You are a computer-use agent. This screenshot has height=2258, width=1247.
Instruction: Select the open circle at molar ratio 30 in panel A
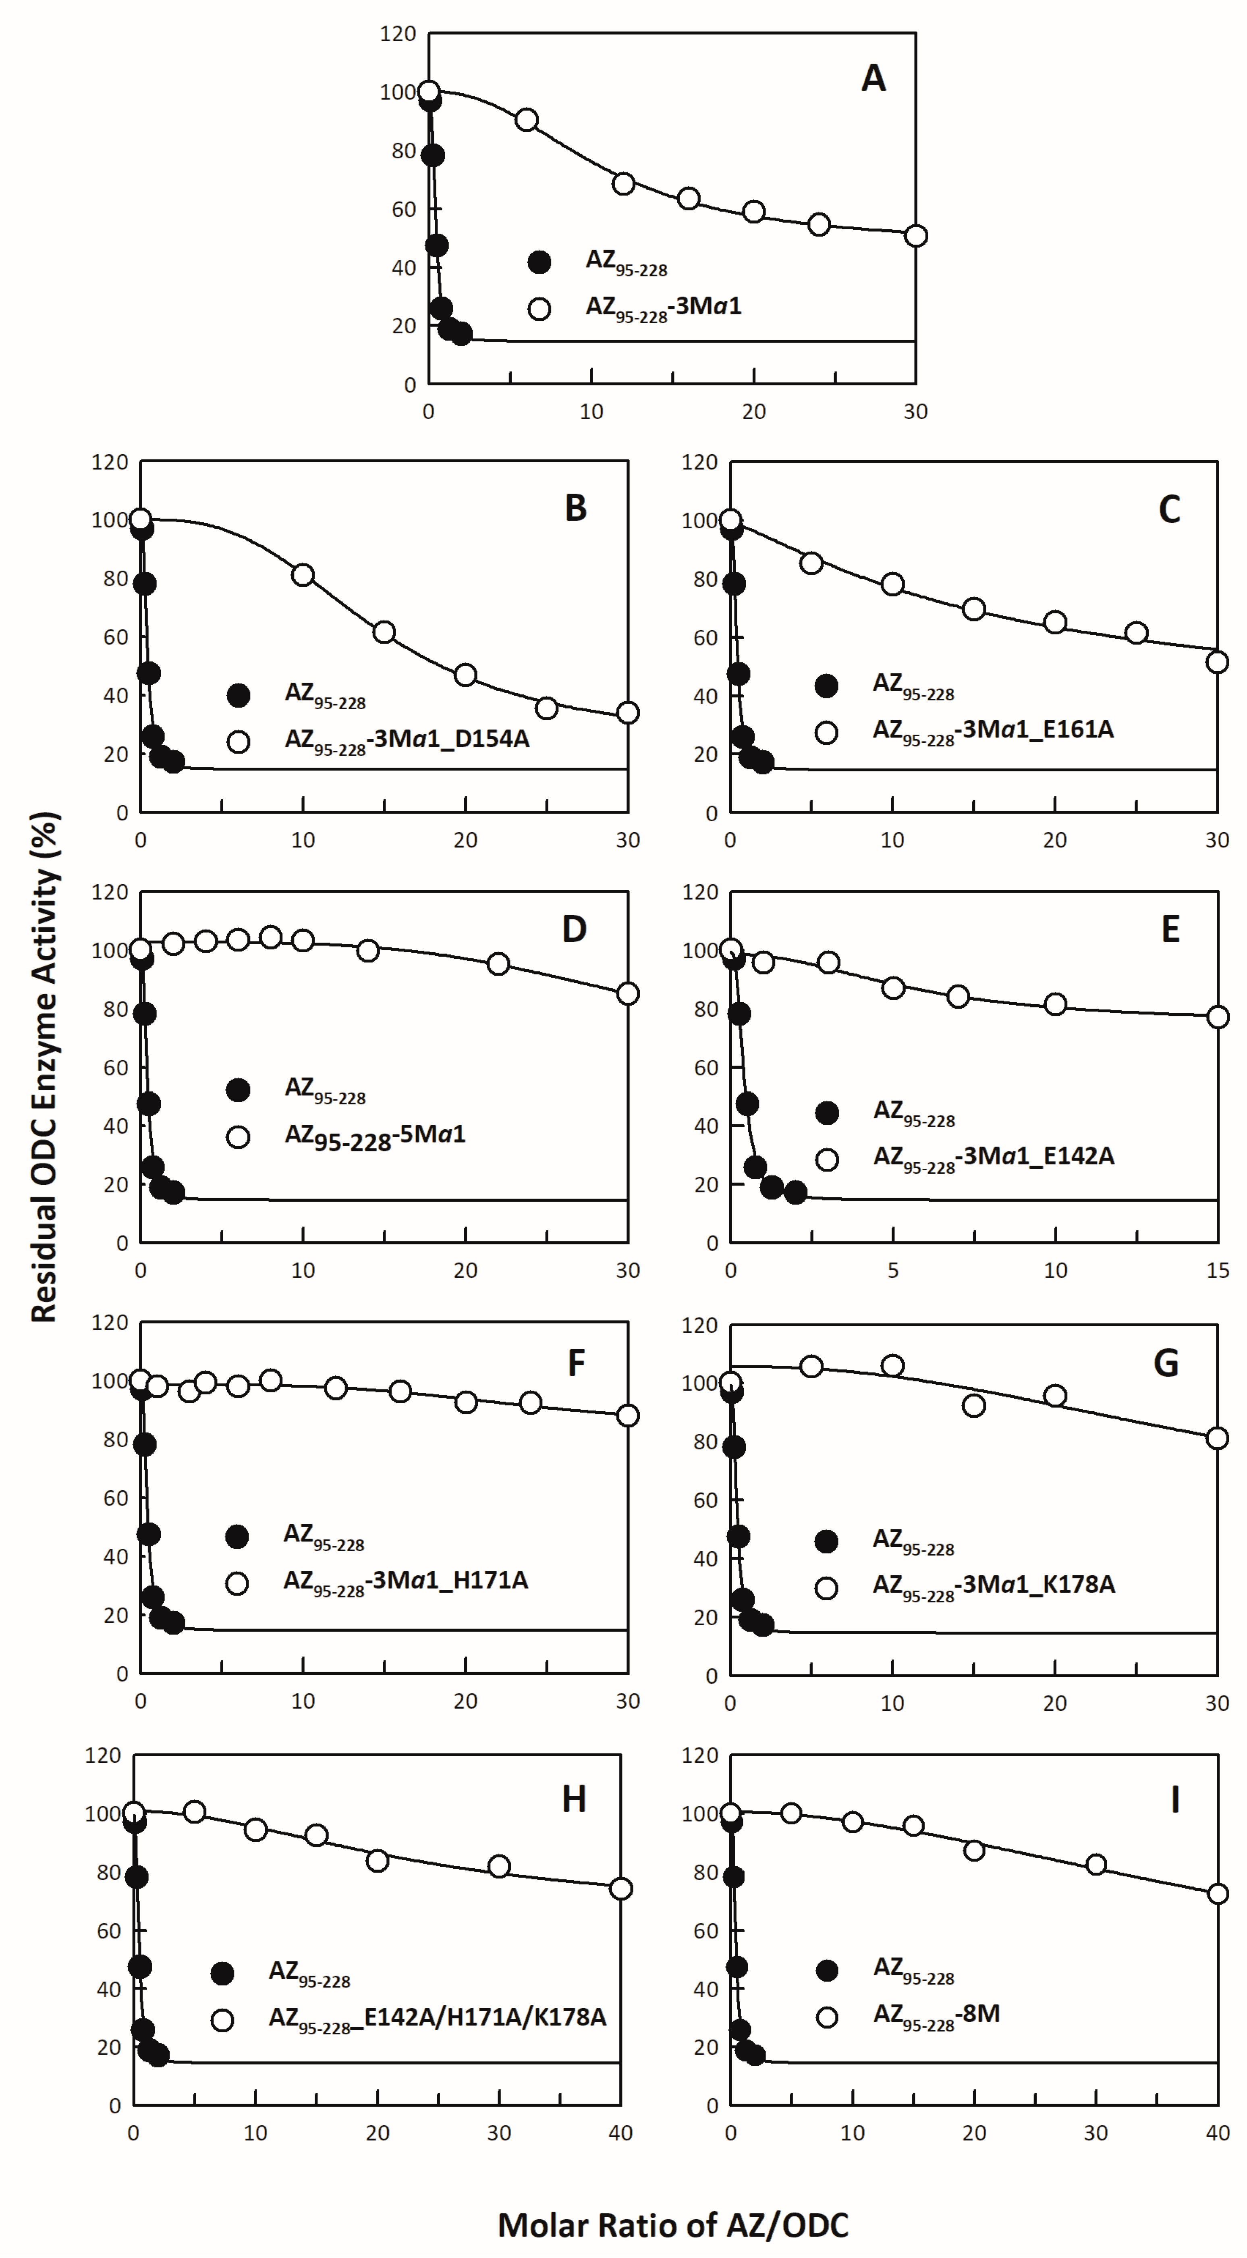tap(916, 236)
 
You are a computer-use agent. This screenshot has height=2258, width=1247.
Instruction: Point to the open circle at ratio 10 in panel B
tap(303, 575)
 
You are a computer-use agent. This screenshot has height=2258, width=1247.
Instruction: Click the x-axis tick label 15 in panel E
tap(1217, 1270)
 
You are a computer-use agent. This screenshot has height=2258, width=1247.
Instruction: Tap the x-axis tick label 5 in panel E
tap(893, 1270)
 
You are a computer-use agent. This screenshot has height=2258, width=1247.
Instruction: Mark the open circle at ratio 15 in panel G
tap(973, 1406)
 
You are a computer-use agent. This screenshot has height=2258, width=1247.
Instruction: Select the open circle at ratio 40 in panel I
tap(1217, 1893)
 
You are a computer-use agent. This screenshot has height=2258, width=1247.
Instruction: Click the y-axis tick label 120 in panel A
tap(398, 34)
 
